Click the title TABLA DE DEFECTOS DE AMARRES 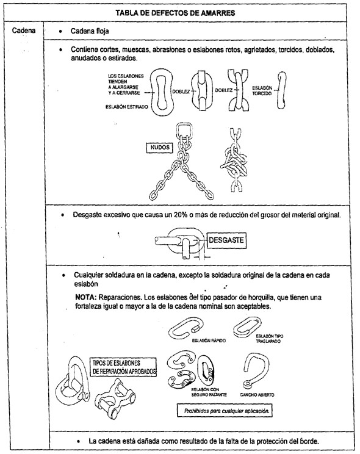pos(175,13)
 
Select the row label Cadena pos(24,31)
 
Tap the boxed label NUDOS pos(160,148)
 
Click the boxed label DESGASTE pos(226,240)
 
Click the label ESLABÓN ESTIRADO pos(126,107)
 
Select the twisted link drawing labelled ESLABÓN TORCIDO pos(281,90)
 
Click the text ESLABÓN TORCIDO pos(262,91)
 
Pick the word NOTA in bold pos(85,297)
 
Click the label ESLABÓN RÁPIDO pos(209,340)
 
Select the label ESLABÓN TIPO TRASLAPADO pos(269,339)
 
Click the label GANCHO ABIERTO pos(257,395)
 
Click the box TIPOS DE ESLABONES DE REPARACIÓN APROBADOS pos(124,367)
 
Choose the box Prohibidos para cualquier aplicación pos(225,411)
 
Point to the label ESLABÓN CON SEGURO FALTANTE pos(209,392)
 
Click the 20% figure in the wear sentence pos(181,215)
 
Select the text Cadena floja pos(90,31)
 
